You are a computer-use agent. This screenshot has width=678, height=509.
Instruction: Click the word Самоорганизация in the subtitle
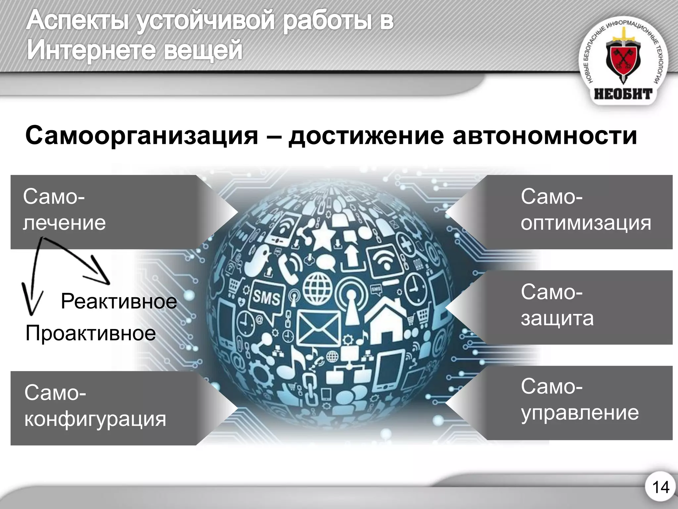tap(142, 136)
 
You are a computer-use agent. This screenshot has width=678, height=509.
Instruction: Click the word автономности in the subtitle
tap(545, 136)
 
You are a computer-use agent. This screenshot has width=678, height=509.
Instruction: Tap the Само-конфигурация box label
tap(95, 406)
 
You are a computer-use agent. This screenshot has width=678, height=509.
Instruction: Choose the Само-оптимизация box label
tap(586, 209)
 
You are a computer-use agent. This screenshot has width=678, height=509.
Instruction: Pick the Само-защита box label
tap(557, 305)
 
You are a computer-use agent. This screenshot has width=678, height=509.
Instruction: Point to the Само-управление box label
tap(580, 400)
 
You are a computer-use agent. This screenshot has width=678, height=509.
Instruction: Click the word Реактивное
tap(119, 302)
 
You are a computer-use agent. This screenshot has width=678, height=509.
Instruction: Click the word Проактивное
tap(90, 333)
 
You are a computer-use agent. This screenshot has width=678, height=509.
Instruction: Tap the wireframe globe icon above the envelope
tap(317, 287)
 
